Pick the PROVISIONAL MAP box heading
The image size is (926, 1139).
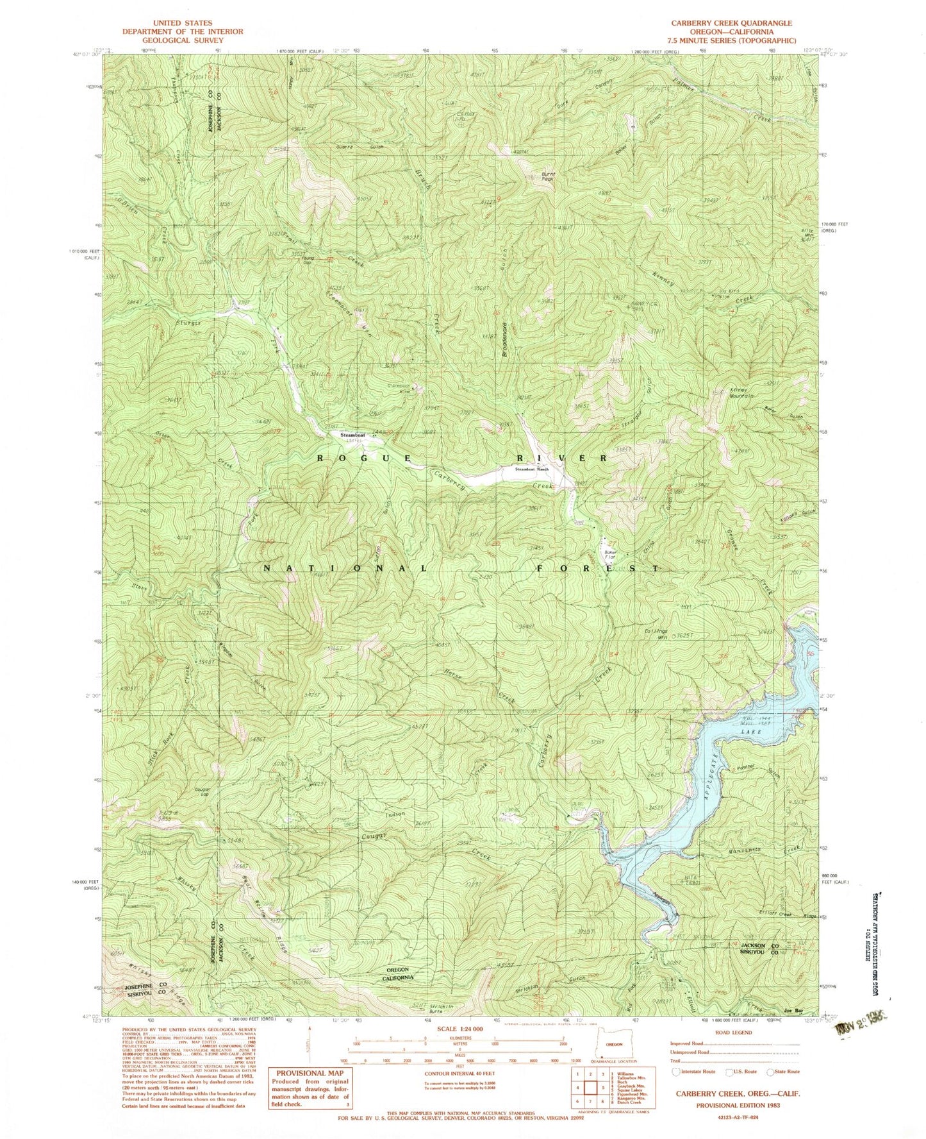pyautogui.click(x=310, y=1072)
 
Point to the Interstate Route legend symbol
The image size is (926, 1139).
pyautogui.click(x=676, y=1072)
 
